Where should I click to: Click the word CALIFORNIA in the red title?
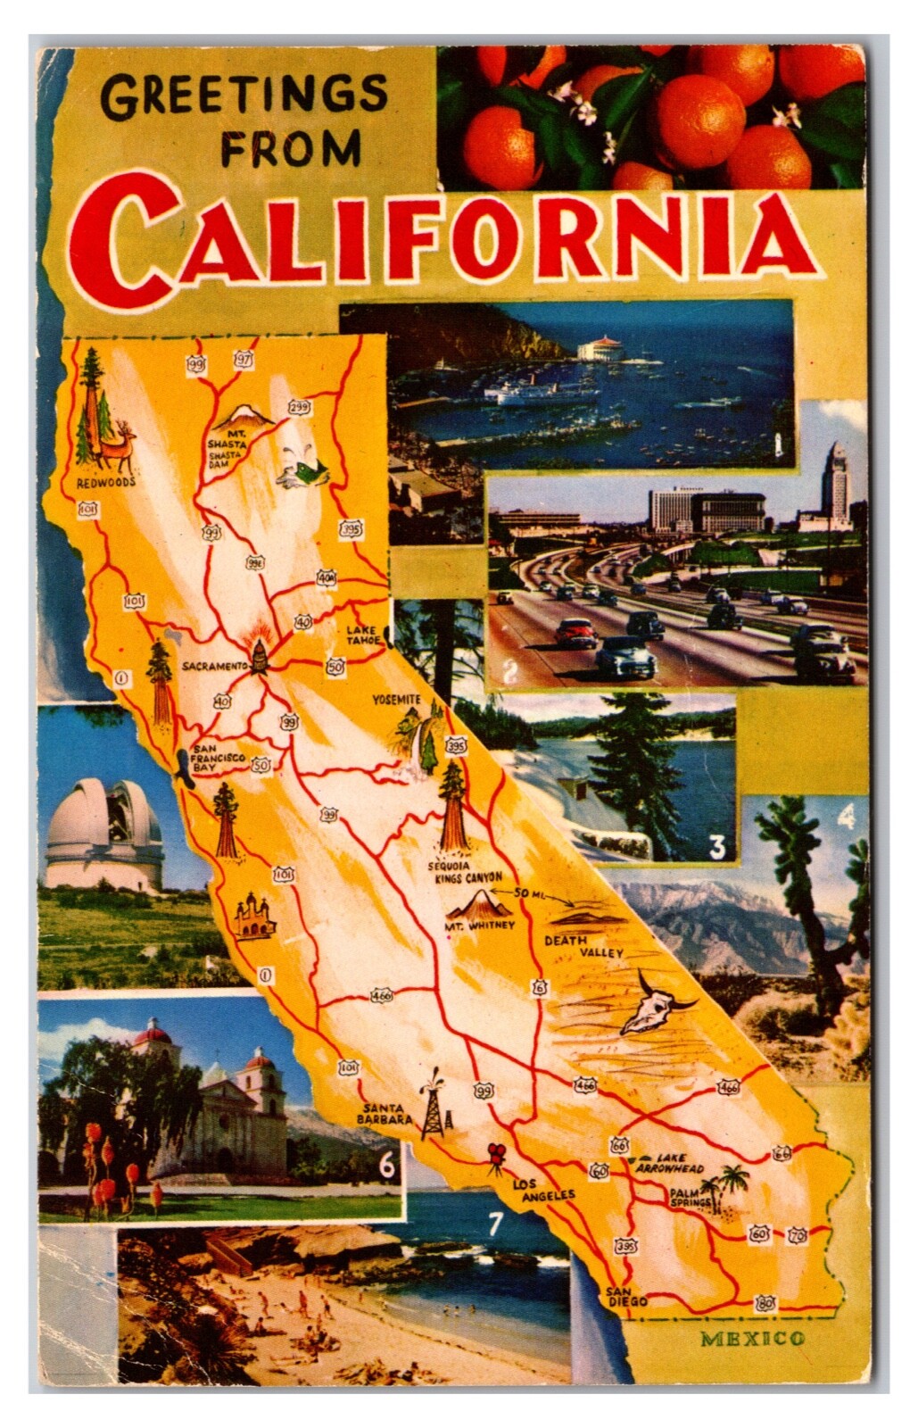tap(443, 235)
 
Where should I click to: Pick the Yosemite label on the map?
tap(395, 700)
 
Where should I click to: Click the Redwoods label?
tap(105, 482)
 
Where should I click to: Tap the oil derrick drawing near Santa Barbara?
tap(434, 1104)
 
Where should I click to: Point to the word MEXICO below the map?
tap(752, 1338)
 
